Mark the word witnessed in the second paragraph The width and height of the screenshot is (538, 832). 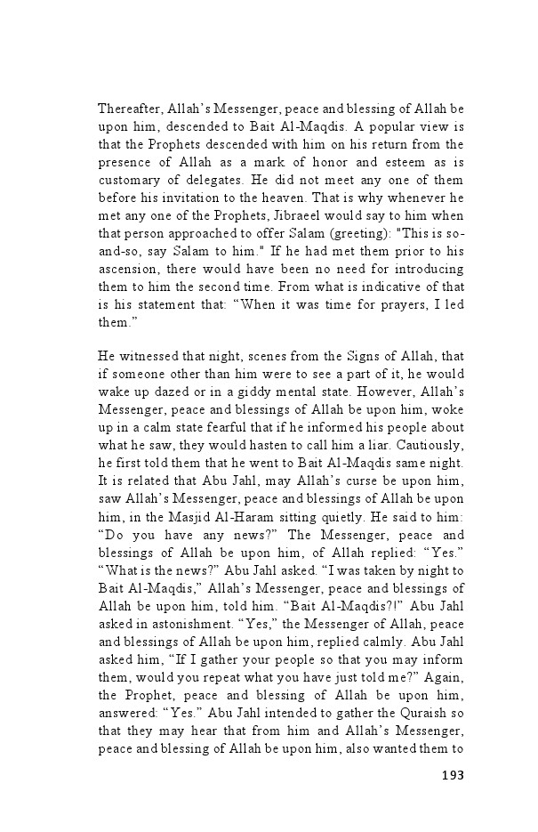click(146, 356)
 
